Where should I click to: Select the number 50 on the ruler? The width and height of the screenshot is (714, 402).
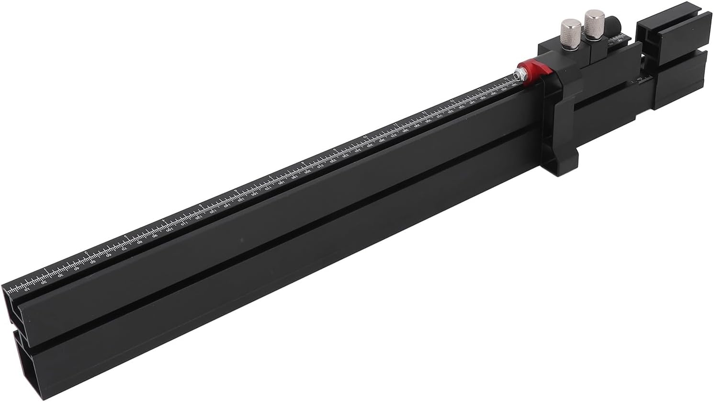[x=93, y=263]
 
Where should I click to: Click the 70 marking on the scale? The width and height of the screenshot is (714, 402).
[x=125, y=249]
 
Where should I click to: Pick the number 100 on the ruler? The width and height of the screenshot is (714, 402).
[x=170, y=230]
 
